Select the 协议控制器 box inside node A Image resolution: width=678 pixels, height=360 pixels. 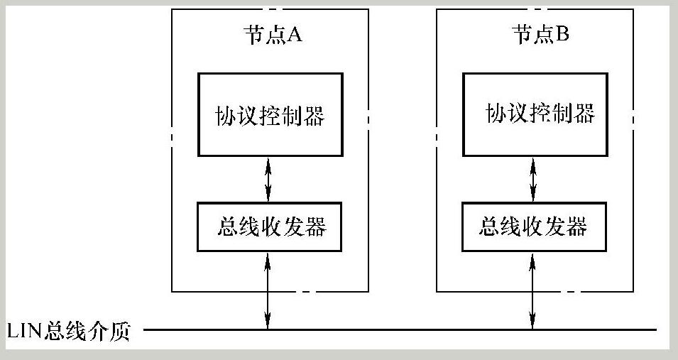pyautogui.click(x=270, y=114)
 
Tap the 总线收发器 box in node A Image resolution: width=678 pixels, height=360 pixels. pyautogui.click(x=270, y=227)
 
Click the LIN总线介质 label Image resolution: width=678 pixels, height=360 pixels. pyautogui.click(x=68, y=332)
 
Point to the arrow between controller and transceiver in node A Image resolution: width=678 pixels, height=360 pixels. pyautogui.click(x=268, y=179)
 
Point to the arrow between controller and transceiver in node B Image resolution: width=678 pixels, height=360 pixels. pyautogui.click(x=533, y=179)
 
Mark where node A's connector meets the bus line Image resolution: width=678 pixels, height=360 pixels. pyautogui.click(x=268, y=329)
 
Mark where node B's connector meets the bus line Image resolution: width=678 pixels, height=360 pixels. pyautogui.click(x=533, y=329)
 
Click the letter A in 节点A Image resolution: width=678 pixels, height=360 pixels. pyautogui.click(x=295, y=36)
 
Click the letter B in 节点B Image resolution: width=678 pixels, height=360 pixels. pyautogui.click(x=562, y=36)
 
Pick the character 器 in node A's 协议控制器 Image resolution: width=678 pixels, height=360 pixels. pyautogui.click(x=313, y=115)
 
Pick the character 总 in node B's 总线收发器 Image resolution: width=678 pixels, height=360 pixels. pyautogui.click(x=491, y=227)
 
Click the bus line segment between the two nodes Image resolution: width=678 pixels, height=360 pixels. pyautogui.click(x=401, y=329)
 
